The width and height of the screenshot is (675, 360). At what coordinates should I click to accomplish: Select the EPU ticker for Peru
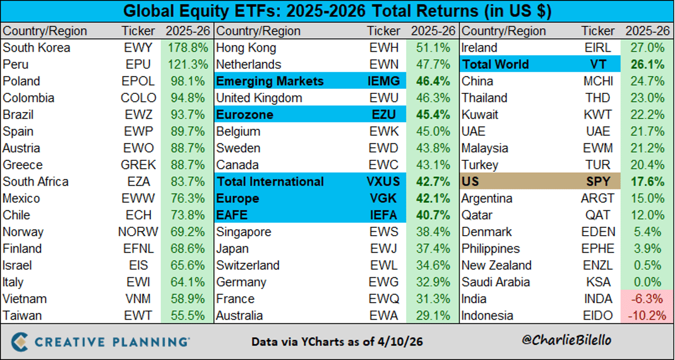click(137, 65)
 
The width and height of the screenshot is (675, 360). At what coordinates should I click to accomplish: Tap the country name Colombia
click(29, 98)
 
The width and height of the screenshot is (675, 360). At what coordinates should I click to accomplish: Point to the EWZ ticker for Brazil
click(137, 115)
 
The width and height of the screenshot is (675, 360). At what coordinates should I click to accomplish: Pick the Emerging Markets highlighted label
click(270, 82)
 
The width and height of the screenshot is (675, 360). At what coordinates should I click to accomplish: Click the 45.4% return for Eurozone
click(433, 115)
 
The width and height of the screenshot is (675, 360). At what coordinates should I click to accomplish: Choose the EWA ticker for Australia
click(384, 316)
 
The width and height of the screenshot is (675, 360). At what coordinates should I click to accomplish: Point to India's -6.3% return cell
click(647, 299)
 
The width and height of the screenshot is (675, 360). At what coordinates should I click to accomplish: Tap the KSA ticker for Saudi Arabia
click(597, 282)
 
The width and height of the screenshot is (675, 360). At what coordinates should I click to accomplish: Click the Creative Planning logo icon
click(21, 341)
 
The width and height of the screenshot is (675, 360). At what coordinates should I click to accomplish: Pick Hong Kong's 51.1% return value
click(433, 48)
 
